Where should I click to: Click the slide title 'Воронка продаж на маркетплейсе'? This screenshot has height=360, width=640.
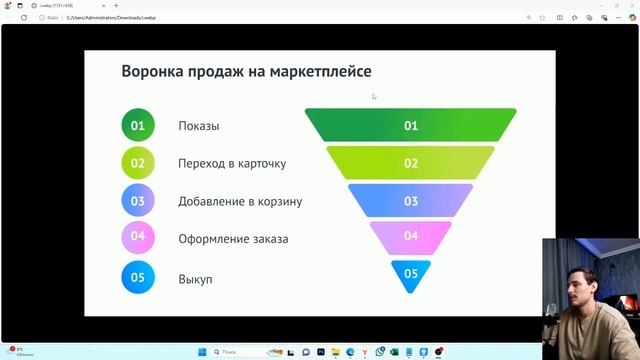(246, 72)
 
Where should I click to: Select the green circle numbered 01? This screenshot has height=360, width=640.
(138, 126)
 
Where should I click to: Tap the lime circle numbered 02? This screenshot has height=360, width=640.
(138, 163)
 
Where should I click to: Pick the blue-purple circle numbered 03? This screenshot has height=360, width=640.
(138, 201)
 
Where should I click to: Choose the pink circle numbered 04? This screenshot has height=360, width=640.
(138, 238)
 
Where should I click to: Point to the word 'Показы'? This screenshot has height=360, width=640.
(199, 126)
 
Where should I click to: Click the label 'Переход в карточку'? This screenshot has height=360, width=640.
(232, 164)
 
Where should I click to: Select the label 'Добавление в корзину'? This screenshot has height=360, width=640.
(240, 201)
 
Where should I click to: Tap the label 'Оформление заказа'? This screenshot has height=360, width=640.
(233, 239)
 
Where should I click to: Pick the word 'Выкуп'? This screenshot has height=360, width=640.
(195, 278)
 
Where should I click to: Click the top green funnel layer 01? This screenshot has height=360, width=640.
(411, 126)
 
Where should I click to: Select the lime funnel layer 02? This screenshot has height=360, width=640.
(411, 163)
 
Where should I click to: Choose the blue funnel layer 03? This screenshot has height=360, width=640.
(411, 200)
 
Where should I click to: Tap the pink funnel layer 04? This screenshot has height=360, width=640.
(411, 236)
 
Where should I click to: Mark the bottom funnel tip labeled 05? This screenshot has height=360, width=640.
(411, 273)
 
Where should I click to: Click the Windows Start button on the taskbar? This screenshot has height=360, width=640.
(201, 352)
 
